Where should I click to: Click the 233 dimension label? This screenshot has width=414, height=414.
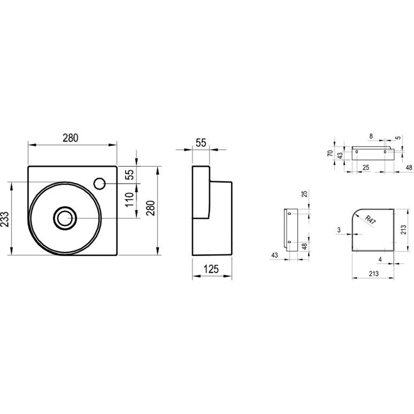[5, 219]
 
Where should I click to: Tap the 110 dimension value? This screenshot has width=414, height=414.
[130, 200]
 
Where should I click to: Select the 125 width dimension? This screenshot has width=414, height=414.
[211, 269]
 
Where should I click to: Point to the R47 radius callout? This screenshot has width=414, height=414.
[370, 220]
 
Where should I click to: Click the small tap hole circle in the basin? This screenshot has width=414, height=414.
[100, 184]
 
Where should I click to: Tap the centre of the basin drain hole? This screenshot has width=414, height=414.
[65, 218]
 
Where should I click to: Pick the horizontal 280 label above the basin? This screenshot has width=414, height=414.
[71, 138]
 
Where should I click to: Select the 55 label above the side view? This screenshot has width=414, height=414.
[201, 143]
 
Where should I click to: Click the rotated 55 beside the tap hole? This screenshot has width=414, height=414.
[130, 174]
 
